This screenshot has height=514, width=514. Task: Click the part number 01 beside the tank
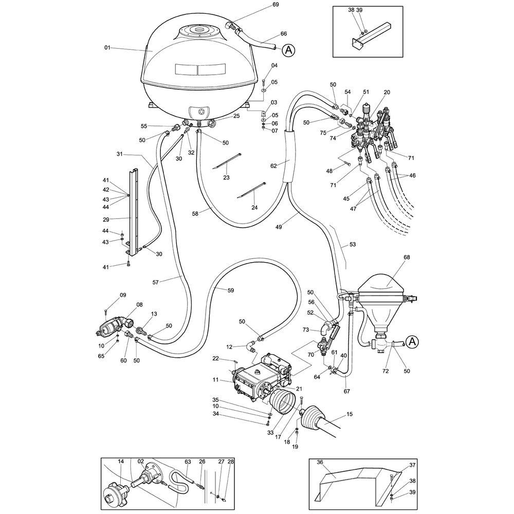pos(107,48)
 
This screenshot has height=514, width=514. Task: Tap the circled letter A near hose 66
pos(289,50)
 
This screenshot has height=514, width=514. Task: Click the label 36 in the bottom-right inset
pos(320,463)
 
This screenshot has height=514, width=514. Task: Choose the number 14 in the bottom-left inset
pos(121,462)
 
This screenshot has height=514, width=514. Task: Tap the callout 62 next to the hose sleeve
pos(273,166)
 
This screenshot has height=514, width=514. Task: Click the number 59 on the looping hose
pos(231,290)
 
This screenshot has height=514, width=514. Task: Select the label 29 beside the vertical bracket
pos(106,219)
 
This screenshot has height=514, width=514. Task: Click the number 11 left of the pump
pos(216,380)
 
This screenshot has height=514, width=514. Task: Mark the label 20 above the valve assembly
pos(387,92)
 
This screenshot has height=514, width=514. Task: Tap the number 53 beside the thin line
pos(352,244)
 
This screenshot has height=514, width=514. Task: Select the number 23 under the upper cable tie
pos(226,177)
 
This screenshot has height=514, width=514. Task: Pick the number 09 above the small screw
pos(123,295)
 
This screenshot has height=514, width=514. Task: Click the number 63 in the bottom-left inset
pos(188,462)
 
